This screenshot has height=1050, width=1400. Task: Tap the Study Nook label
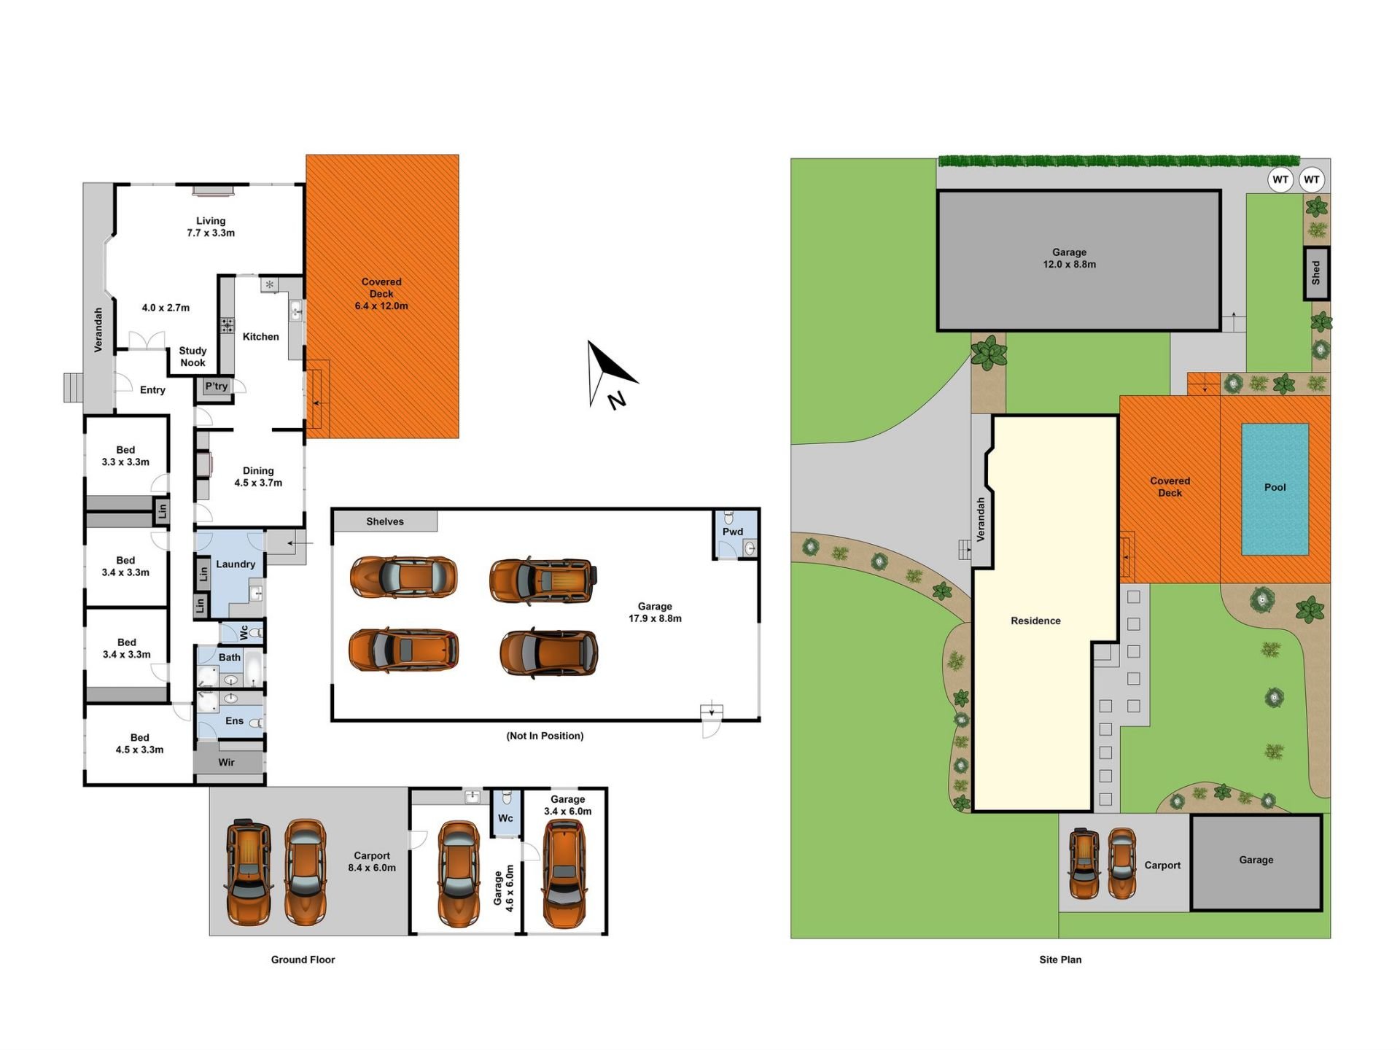[x=192, y=357]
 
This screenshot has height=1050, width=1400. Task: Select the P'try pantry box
[x=216, y=386]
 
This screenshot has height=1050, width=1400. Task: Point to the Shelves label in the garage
[x=385, y=521]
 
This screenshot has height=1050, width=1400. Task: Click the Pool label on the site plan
[x=1275, y=487]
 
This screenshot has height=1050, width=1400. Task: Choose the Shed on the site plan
[x=1316, y=273]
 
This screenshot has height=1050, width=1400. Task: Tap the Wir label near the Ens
[x=226, y=762]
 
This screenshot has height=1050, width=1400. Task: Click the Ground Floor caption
[x=303, y=960]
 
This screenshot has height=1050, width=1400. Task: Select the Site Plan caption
[x=1060, y=960]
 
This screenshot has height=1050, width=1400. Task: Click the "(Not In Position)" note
[x=545, y=736]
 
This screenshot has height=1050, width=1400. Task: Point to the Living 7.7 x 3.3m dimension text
[x=211, y=227]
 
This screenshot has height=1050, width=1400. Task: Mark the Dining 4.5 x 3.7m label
[x=258, y=477]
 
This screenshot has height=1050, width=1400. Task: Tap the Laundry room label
[x=236, y=564]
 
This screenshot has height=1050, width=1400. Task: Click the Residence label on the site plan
[x=1035, y=621]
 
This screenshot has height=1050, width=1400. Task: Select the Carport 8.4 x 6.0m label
[x=372, y=861]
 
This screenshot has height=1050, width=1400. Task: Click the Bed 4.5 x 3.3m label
[x=139, y=743]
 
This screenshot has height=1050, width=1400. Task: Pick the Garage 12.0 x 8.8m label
[x=1069, y=258]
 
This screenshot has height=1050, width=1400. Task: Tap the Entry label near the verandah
[x=152, y=390]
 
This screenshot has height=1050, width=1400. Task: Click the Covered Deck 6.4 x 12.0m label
[x=381, y=294]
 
